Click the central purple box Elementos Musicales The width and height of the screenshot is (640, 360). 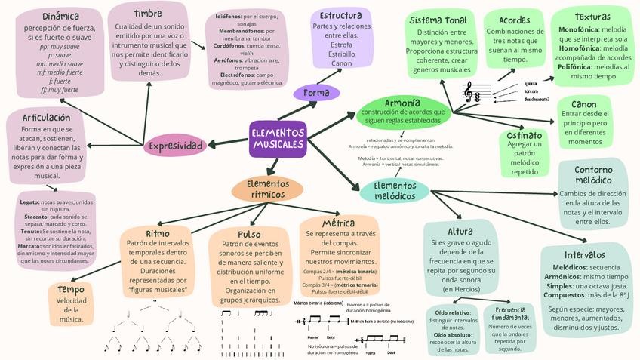pos(278,138)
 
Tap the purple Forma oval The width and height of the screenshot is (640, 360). pos(315,92)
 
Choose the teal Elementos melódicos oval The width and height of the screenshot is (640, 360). pos(394,190)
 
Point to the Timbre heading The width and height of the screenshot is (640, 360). pos(148,14)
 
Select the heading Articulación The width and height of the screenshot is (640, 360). pos(47,118)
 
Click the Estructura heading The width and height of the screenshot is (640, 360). pos(340,16)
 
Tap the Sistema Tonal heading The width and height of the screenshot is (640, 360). pos(438,20)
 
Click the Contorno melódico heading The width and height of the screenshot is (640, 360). pos(592,175)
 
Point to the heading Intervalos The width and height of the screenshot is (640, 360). pos(584,254)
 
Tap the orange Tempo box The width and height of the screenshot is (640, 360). pos(71,303)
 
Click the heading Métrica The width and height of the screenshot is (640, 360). pos(338,224)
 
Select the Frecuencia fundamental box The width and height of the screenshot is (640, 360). pos(510,329)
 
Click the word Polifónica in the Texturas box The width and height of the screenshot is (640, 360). pos(580,66)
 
